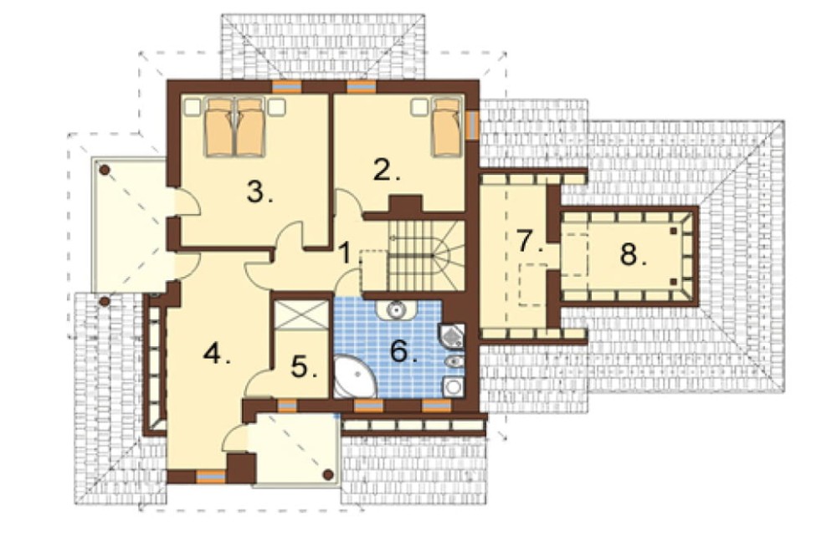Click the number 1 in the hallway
click(346, 253)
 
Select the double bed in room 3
click(235, 127)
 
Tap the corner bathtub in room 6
click(354, 377)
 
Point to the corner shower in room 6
click(452, 336)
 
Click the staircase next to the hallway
click(426, 256)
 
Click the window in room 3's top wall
click(286, 86)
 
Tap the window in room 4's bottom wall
click(211, 477)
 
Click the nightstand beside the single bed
click(419, 107)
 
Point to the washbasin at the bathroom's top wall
click(395, 309)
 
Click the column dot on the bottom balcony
click(329, 473)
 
